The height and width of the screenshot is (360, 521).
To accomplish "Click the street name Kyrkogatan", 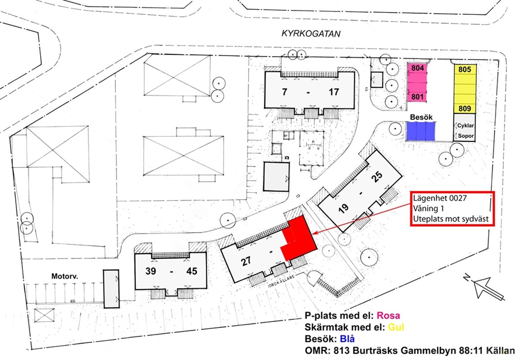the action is [311, 34].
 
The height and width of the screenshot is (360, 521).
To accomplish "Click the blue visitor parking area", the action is [421, 131].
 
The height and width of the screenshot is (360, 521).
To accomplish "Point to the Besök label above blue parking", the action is [421, 117].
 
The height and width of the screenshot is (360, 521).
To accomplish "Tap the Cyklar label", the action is [466, 126].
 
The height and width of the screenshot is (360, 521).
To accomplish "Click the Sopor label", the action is [466, 136].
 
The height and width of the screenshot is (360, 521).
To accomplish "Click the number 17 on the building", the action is [334, 92].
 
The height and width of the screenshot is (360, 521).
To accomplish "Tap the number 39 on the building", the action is [151, 271].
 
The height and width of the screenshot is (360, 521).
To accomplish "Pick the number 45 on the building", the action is [192, 271].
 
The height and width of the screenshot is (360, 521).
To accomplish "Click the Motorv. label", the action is [65, 276].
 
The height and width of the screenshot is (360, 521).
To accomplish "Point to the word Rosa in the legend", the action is [389, 315].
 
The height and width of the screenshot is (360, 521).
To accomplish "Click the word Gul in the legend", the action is [396, 327].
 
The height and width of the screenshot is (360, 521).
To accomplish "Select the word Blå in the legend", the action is [347, 339].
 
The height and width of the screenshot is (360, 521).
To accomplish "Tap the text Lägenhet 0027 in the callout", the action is [440, 198].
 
